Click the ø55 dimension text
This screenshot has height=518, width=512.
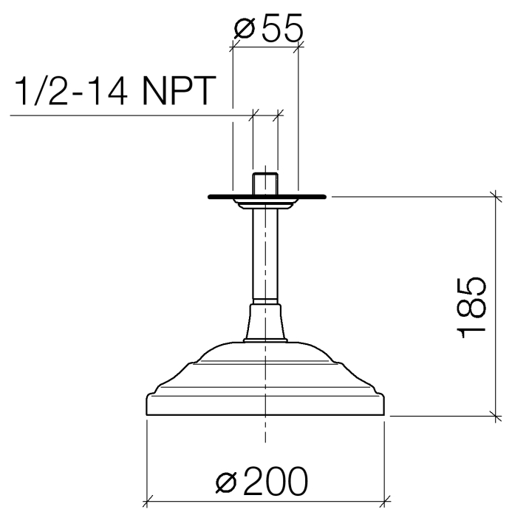click(268, 29)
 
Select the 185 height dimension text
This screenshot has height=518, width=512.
click(471, 308)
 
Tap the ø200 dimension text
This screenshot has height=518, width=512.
click(262, 481)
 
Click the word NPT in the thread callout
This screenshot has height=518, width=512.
click(179, 90)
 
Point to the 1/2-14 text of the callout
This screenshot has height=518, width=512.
click(71, 90)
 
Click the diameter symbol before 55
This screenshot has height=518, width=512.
click(245, 29)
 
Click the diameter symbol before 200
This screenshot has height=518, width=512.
click(226, 482)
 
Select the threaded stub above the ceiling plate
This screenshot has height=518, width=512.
click(265, 184)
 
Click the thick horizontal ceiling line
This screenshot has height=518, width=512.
click(267, 197)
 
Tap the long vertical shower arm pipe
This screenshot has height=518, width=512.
click(265, 255)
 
